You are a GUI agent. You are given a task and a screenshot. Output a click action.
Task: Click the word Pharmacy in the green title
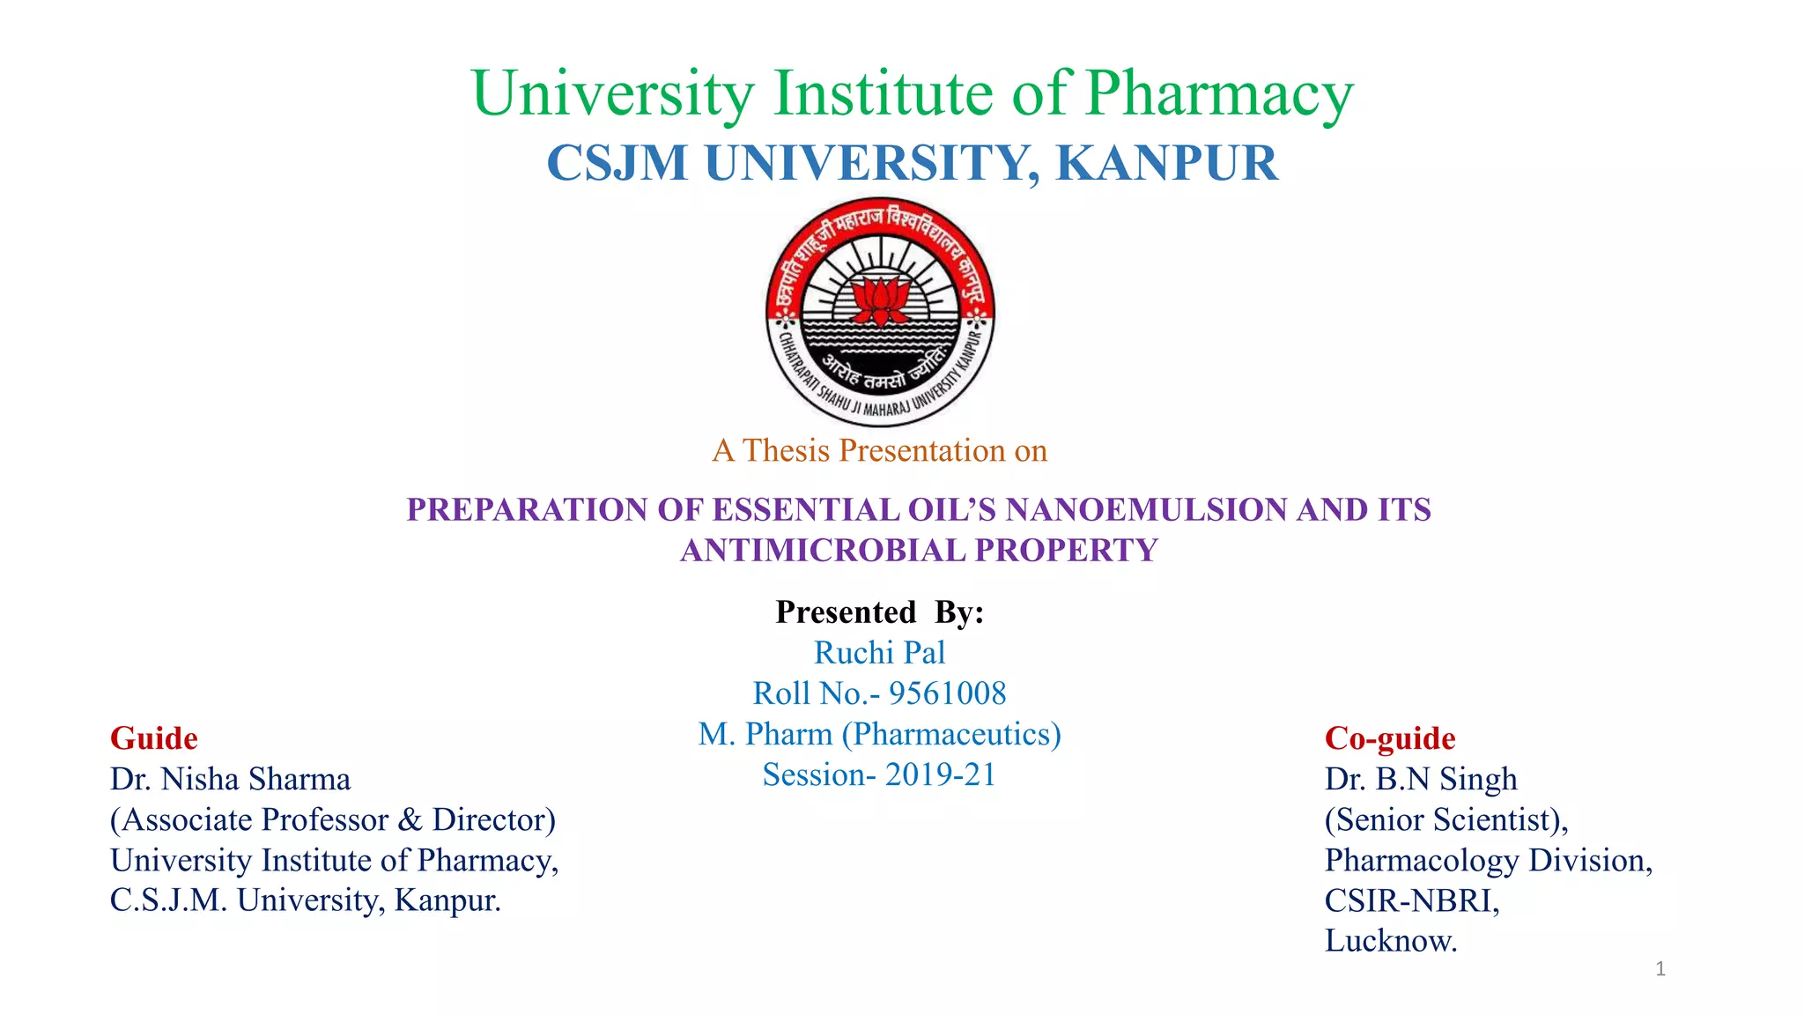click(1219, 93)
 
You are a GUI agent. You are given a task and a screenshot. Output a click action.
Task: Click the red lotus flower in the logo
click(880, 300)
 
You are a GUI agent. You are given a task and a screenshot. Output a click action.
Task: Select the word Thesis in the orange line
click(786, 450)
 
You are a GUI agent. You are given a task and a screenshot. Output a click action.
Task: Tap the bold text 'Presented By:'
click(879, 611)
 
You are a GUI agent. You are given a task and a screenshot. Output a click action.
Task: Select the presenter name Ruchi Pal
click(879, 652)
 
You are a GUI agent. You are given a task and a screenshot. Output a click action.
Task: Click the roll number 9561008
click(947, 693)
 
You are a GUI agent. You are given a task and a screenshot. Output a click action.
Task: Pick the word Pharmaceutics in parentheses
click(951, 734)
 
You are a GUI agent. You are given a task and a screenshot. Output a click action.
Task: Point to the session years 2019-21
click(940, 774)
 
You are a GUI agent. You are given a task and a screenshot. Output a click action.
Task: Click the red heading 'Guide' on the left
click(154, 738)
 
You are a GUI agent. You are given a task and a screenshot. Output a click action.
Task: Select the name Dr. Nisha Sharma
click(231, 779)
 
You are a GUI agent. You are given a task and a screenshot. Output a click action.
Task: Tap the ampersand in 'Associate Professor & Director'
click(410, 819)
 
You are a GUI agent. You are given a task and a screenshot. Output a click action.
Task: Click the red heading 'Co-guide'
click(1390, 738)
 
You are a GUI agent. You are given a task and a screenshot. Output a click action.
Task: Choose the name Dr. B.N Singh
click(1421, 779)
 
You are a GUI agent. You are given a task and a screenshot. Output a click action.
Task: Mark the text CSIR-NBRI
click(1411, 900)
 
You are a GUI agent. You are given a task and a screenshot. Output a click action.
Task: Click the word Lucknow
click(1390, 941)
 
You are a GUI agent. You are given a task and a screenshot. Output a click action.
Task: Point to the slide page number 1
click(1660, 969)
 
